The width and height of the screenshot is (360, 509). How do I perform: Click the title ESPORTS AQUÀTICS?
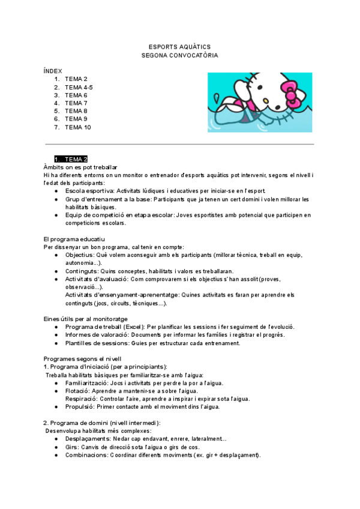pyautogui.click(x=179, y=47)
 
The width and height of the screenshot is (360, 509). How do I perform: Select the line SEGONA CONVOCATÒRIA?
pyautogui.click(x=179, y=55)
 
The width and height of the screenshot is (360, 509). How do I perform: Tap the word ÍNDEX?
pyautogui.click(x=53, y=71)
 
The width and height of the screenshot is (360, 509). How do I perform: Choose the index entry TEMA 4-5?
pyautogui.click(x=79, y=87)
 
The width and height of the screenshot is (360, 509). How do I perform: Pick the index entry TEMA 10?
pyautogui.click(x=78, y=127)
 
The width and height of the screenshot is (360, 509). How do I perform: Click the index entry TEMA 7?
pyautogui.click(x=76, y=103)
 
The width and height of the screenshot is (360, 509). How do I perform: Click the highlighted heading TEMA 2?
pyautogui.click(x=76, y=159)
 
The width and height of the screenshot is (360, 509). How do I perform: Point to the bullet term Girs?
pyautogui.click(x=72, y=447)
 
